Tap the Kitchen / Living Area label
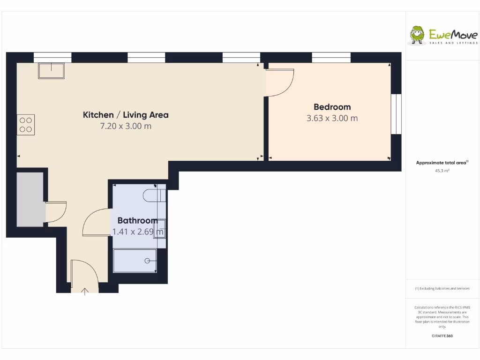(126, 115)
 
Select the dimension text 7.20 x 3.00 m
(126, 126)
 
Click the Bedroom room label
(332, 107)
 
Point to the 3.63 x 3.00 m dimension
(332, 118)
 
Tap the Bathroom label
(137, 220)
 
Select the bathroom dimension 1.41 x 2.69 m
(138, 231)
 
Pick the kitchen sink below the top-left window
(52, 71)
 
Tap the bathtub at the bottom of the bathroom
(135, 261)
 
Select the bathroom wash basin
(160, 228)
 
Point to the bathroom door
(96, 223)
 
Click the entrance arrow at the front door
(85, 291)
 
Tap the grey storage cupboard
(30, 199)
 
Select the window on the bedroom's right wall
(397, 114)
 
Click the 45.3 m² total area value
(442, 171)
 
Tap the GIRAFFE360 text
(442, 336)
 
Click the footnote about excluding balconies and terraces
(442, 289)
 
